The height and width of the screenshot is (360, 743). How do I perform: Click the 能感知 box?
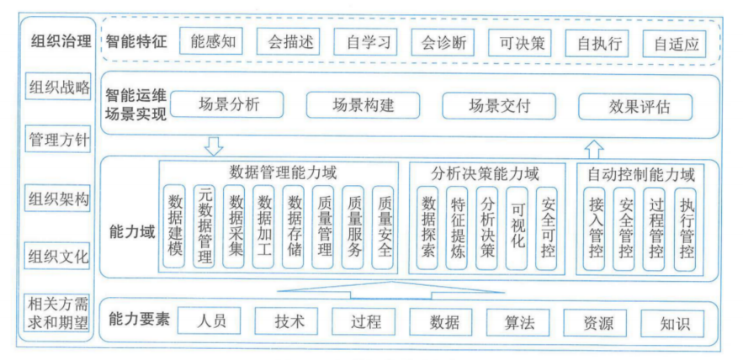(213, 42)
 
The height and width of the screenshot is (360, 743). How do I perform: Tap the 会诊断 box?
(443, 42)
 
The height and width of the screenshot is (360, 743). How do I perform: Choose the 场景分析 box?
(227, 106)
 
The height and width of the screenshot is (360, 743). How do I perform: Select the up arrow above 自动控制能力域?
(594, 148)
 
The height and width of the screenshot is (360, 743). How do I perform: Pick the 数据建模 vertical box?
(175, 227)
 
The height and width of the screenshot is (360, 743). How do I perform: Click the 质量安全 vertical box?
(385, 227)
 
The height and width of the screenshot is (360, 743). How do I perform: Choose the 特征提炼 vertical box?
(458, 227)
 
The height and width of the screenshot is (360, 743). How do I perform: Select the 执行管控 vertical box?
(687, 227)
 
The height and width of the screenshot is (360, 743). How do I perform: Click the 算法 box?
(522, 322)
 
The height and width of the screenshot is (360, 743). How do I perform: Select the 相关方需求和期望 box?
(58, 312)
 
